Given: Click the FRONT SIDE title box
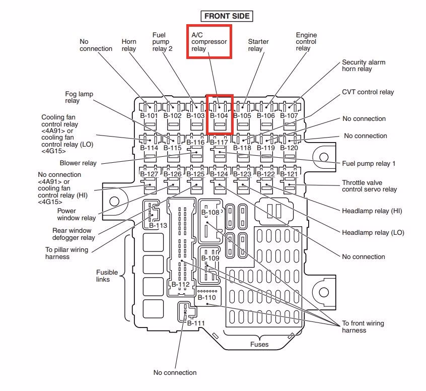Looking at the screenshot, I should click(227, 16).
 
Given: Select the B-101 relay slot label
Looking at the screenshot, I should click(149, 115).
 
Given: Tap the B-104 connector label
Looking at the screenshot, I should click(219, 115).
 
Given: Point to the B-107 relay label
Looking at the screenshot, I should click(289, 115).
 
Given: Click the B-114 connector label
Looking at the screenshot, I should click(149, 148).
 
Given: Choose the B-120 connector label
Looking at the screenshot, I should click(289, 148).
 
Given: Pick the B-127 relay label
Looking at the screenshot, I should click(149, 174).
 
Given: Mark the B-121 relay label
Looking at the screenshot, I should click(289, 174).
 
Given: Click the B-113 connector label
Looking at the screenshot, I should click(158, 226).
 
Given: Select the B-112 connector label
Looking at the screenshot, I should click(180, 285).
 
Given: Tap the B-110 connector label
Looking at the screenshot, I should click(206, 298).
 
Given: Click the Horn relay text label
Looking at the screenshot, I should click(129, 45).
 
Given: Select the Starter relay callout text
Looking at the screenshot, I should click(258, 45).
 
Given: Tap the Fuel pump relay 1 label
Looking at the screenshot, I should click(369, 163).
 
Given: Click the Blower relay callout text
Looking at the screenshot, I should click(78, 163).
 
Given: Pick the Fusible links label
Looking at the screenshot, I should click(107, 276).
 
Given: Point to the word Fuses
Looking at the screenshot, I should click(259, 345).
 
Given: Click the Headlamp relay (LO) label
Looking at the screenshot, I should click(373, 233).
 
